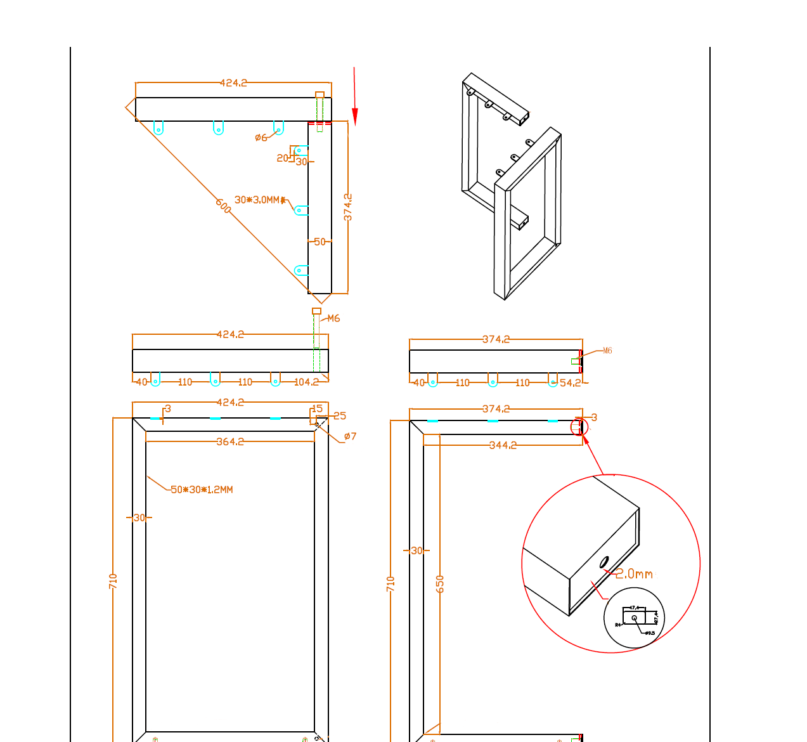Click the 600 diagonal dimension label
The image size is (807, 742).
click(x=223, y=206)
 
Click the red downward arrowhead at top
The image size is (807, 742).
click(x=355, y=117)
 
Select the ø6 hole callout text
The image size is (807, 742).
click(x=261, y=138)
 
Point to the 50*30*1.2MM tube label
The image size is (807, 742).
click(x=202, y=490)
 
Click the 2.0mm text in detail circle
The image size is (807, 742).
click(x=634, y=574)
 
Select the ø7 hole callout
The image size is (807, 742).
click(x=350, y=436)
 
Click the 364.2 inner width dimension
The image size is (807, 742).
click(x=229, y=441)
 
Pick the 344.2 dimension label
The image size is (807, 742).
click(x=503, y=445)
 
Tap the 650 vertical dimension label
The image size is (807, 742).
click(x=440, y=584)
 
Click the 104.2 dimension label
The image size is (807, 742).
click(x=306, y=382)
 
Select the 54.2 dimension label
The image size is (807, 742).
click(x=570, y=383)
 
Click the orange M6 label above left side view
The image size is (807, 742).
click(x=333, y=318)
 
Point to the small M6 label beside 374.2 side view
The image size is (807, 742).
click(x=607, y=351)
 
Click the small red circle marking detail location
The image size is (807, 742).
click(x=579, y=427)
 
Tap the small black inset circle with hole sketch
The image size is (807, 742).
click(x=634, y=618)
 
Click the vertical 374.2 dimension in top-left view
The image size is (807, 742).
click(x=348, y=207)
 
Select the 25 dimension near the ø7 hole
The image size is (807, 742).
click(x=340, y=416)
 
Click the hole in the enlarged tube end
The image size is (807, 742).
click(x=604, y=562)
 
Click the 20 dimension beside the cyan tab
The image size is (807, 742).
click(x=282, y=158)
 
